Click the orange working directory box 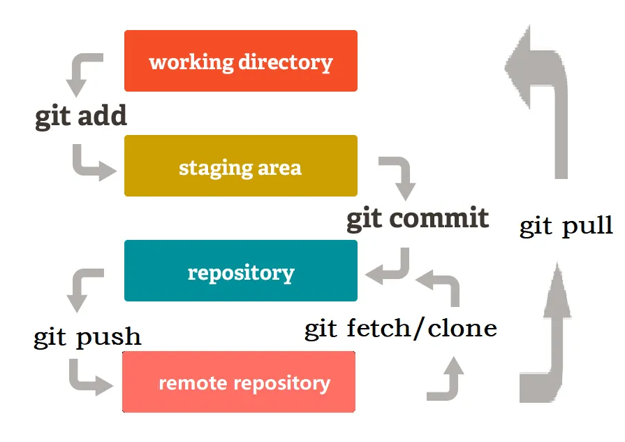tap(240, 61)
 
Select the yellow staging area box tap(240, 166)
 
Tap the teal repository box tap(240, 271)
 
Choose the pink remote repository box tap(239, 382)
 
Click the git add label tap(81, 115)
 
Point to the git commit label tap(418, 218)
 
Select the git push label tap(87, 337)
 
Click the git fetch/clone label tap(401, 328)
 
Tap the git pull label tap(566, 226)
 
